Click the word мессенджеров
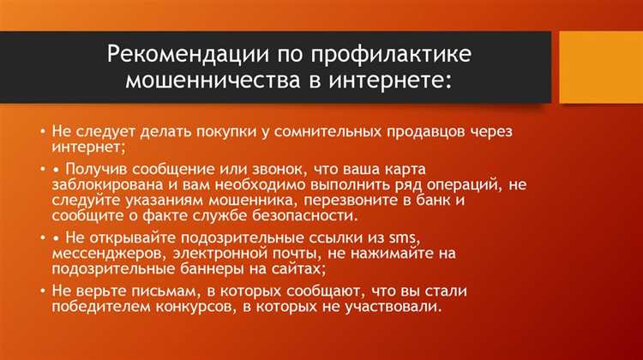pos(110,254)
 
